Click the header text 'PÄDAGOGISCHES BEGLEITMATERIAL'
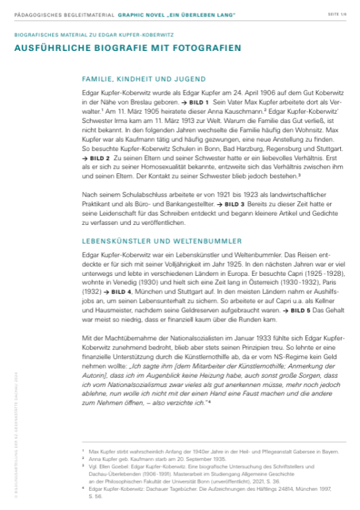54,13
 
